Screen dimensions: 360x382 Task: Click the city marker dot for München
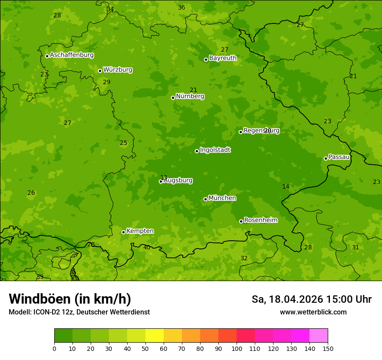(205, 199)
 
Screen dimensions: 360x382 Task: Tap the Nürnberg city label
(190, 96)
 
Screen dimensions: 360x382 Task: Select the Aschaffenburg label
(72, 55)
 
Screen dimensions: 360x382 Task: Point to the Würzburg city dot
(100, 71)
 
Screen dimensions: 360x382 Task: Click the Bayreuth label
(223, 58)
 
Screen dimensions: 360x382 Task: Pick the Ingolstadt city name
(215, 150)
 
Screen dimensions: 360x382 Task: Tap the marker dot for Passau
(326, 158)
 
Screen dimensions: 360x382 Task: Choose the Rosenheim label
(260, 220)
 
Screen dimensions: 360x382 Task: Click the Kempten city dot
(123, 232)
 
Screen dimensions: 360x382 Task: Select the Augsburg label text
(178, 180)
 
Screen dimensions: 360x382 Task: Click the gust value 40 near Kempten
(147, 248)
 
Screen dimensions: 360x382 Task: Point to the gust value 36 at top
(181, 7)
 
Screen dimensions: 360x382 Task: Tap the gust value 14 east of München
(286, 187)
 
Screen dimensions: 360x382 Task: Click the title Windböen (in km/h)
(70, 299)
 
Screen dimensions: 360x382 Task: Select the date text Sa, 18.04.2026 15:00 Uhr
(311, 299)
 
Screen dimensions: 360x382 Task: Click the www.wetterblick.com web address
(313, 312)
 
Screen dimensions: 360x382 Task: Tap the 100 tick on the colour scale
(237, 348)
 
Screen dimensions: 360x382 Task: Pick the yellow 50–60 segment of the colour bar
(155, 336)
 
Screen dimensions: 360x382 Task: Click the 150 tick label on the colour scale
(328, 348)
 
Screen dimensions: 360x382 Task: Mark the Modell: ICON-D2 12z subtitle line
(79, 312)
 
